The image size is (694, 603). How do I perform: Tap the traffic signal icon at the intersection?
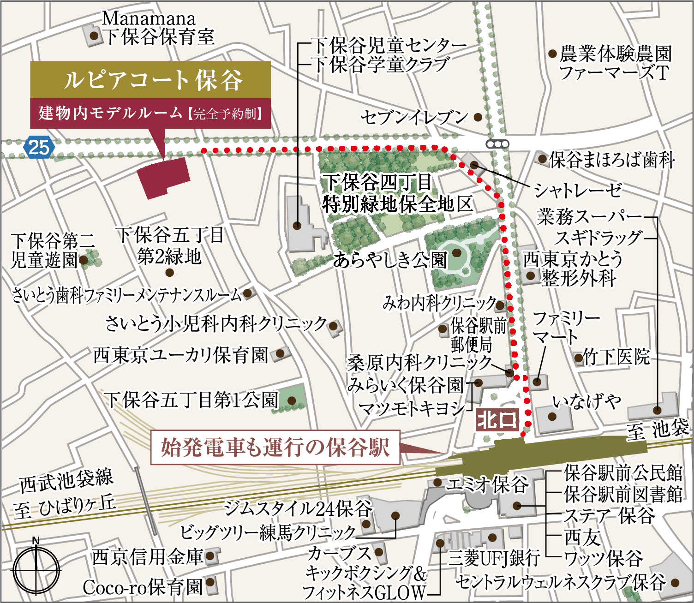[497, 144]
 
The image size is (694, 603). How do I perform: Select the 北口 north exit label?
[497, 420]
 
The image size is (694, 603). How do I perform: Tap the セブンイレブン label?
[414, 117]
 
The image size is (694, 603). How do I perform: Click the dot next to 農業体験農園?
[552, 54]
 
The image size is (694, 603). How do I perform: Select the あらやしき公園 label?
[390, 261]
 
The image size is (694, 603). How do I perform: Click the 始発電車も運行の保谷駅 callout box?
[275, 447]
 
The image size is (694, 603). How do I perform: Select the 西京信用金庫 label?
[147, 557]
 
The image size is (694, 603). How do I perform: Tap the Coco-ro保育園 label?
[143, 587]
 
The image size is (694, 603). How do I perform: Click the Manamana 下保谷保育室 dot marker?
[94, 36]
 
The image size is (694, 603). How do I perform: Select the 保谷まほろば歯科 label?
[612, 160]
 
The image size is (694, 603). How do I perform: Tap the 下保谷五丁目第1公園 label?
[191, 400]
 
